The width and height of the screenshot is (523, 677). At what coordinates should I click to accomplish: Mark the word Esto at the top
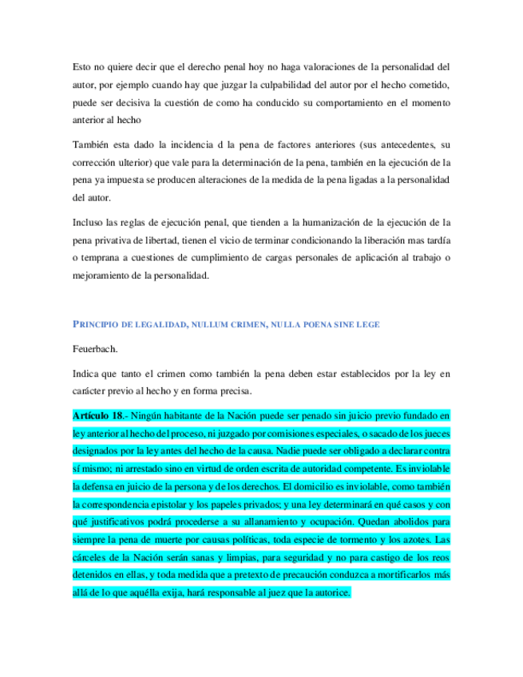pos(81,67)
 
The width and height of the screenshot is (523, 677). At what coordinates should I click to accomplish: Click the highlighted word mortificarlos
pos(399,573)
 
